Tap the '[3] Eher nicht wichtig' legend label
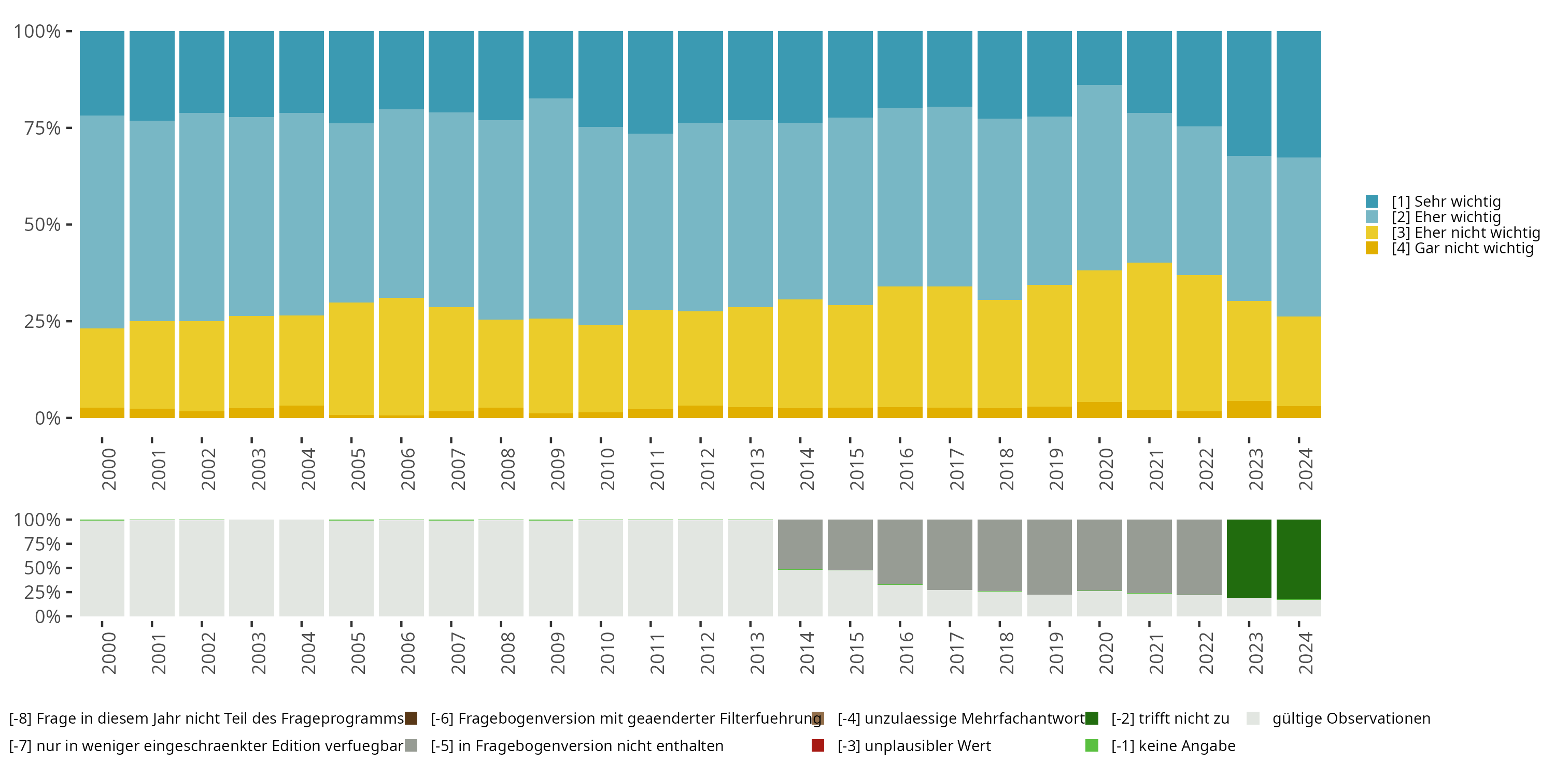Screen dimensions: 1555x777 click(x=1466, y=233)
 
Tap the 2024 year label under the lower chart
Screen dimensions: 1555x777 click(x=1306, y=653)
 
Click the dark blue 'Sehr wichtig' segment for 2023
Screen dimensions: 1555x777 click(x=1249, y=94)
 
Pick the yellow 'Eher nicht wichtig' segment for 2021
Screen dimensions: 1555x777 click(x=1149, y=337)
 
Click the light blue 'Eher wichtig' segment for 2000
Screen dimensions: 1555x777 click(x=102, y=222)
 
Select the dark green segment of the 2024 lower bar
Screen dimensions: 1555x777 click(x=1299, y=559)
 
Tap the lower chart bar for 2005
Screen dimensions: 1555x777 click(x=351, y=568)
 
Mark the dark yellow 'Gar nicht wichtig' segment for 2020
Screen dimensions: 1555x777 click(x=1099, y=410)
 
